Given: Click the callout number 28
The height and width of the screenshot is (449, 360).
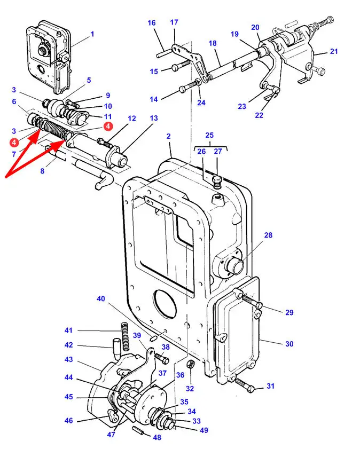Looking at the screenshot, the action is (268, 235).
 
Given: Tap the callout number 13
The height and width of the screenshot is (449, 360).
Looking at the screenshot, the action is (154, 118).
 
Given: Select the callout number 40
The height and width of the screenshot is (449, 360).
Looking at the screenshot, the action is (101, 298).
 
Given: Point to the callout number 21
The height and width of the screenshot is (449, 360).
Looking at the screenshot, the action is (334, 52).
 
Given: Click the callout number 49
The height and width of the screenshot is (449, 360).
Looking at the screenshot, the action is (204, 430).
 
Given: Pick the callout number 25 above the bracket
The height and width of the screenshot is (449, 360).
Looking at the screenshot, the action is (209, 135).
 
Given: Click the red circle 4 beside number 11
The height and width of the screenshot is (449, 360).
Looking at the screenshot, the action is (108, 126).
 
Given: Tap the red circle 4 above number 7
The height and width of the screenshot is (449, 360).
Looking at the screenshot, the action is (14, 142).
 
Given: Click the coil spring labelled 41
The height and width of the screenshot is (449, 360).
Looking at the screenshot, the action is (125, 336).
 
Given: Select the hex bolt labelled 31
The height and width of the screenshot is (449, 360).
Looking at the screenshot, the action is (244, 385).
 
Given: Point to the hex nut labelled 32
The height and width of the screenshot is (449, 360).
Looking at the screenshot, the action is (190, 365).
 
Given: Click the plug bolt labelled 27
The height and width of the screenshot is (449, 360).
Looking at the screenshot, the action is (217, 182).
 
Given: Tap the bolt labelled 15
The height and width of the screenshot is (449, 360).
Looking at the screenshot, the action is (181, 65).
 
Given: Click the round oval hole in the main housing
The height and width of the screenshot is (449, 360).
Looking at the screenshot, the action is (165, 303).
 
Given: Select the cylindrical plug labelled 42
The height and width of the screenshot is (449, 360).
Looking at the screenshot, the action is (116, 349).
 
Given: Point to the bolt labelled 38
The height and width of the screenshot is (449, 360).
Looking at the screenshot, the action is (162, 358).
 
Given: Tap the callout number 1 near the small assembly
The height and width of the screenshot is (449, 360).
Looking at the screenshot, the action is (92, 34).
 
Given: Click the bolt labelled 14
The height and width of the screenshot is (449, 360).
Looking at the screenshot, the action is (190, 87).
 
